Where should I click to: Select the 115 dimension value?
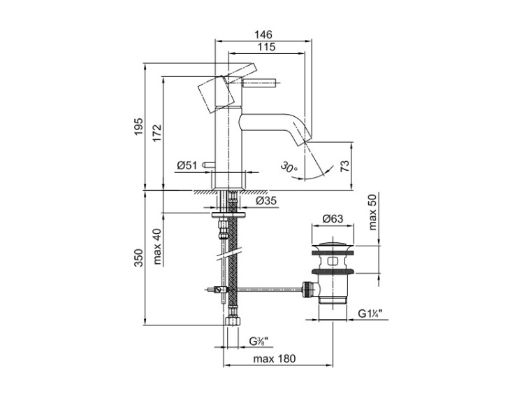263,47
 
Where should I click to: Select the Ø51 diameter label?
186,166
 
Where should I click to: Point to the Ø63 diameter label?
333,220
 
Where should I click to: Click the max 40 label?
157,244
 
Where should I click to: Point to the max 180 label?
275,359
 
